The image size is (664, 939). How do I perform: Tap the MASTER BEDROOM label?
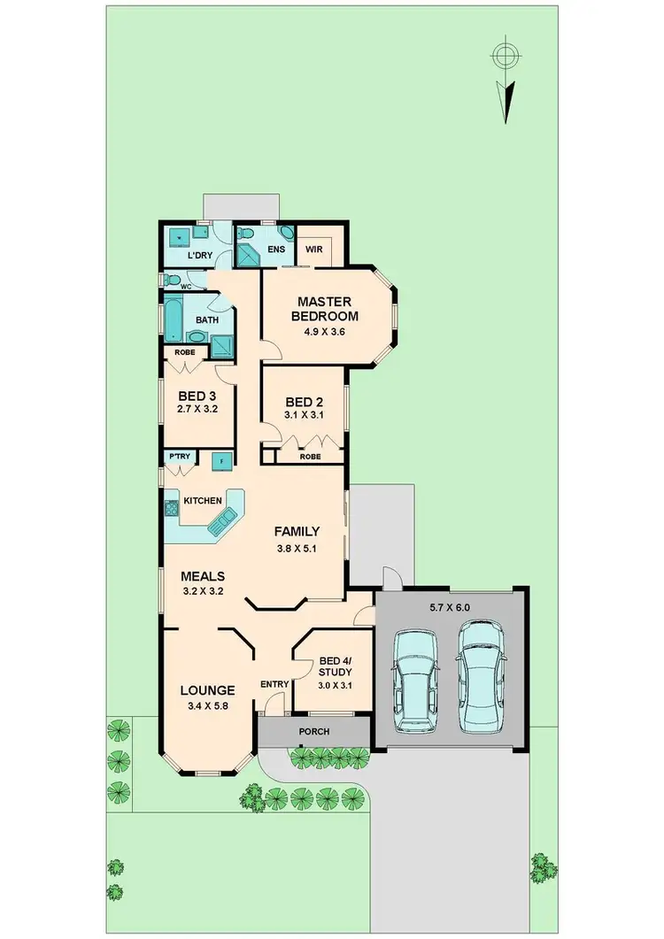327,308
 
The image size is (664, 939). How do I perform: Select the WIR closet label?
313,250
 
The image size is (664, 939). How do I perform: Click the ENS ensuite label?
276,250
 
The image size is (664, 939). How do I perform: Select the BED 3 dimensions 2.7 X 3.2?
197,410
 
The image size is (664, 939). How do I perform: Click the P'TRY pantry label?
180,457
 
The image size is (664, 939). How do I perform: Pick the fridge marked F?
220,459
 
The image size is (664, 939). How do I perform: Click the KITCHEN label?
203,501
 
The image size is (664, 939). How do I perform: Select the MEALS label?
203,575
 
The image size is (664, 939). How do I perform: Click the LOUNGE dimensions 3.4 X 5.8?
207,706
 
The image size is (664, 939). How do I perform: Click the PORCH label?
314,732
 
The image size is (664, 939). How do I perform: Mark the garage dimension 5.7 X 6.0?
451,609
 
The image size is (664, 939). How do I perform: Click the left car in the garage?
414,681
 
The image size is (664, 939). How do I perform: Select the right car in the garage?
482,677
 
